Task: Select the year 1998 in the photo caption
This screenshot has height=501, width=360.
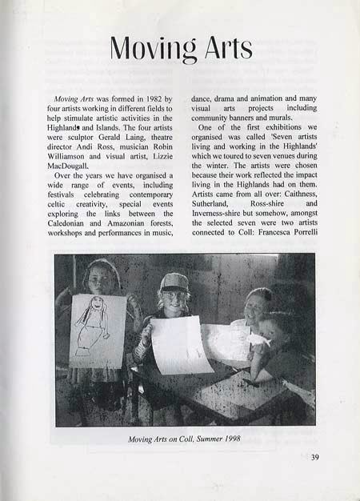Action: click(x=226, y=439)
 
